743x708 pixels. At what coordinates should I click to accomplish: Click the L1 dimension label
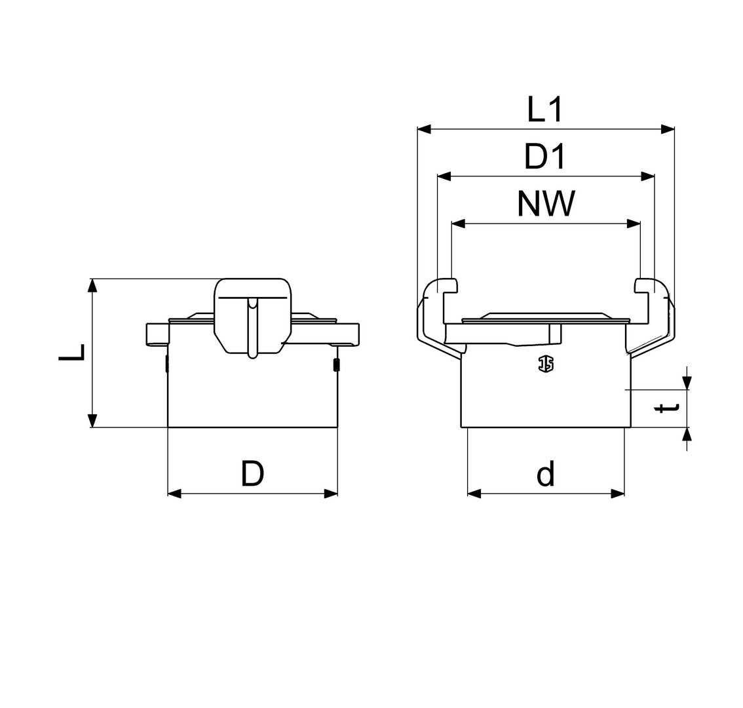(x=545, y=109)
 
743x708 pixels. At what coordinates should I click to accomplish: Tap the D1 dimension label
(x=545, y=157)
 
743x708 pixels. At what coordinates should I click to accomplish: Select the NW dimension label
(x=546, y=203)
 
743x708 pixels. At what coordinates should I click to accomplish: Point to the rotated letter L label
(x=72, y=352)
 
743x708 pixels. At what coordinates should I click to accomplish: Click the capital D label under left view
(x=252, y=473)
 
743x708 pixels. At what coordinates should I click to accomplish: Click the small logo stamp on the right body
(x=546, y=364)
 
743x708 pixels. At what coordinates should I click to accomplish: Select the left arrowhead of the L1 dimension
(x=425, y=128)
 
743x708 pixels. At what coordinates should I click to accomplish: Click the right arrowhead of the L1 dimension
(x=668, y=128)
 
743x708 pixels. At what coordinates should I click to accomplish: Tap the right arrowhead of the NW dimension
(x=634, y=224)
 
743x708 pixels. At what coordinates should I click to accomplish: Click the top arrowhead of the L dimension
(x=92, y=286)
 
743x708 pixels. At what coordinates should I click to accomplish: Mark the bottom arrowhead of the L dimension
(x=92, y=421)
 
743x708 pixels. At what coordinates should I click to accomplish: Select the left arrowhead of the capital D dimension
(x=175, y=494)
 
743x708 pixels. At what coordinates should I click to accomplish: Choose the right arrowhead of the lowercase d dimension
(x=618, y=494)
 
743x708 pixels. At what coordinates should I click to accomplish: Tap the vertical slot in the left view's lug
(x=253, y=327)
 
